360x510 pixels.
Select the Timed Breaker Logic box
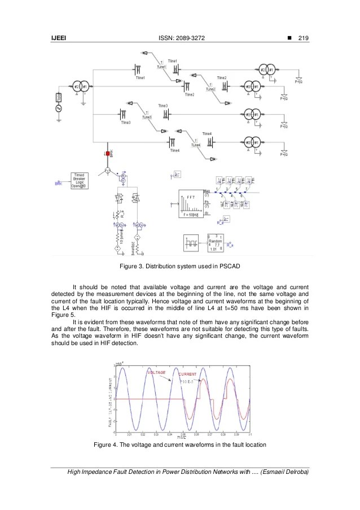coord(79,181)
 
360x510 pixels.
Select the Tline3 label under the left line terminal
coord(125,122)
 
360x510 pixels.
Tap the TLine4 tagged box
coord(195,146)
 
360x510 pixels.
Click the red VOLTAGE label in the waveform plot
coord(156,373)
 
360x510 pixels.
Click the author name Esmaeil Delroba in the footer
coord(285,472)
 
